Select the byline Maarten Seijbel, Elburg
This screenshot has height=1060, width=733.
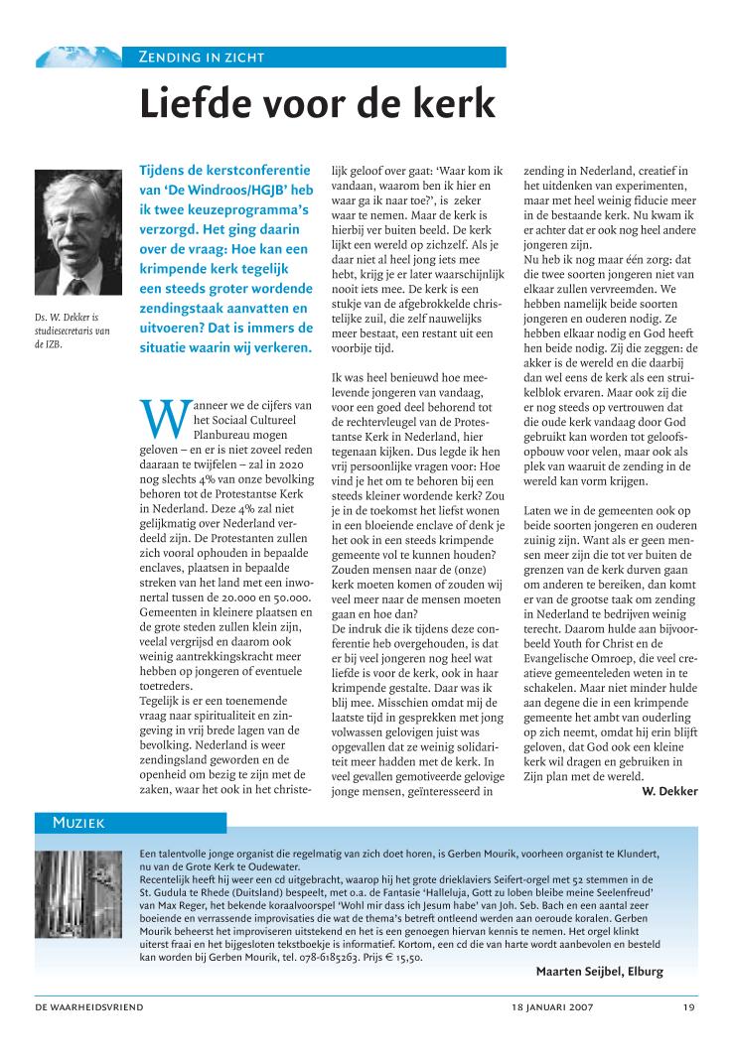(600, 972)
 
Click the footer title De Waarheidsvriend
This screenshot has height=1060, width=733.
(89, 1007)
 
